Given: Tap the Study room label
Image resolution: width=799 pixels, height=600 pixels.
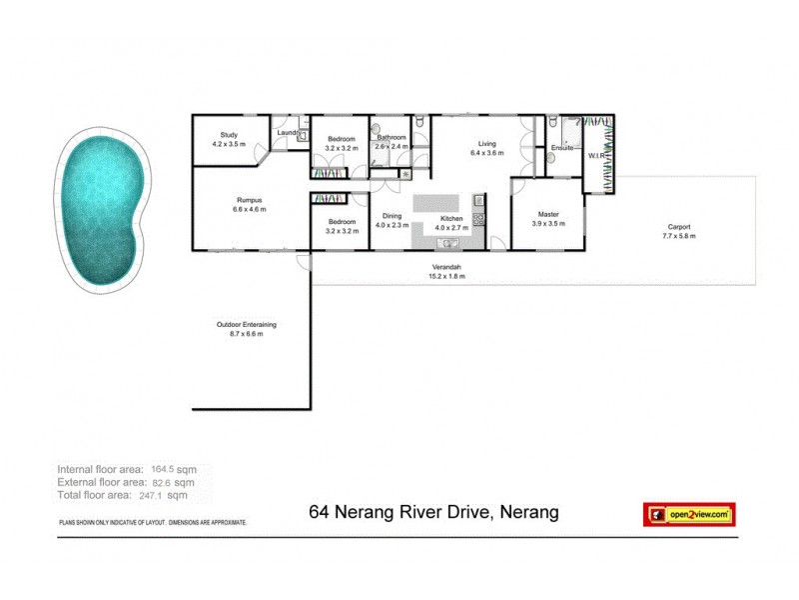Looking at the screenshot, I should [229, 136].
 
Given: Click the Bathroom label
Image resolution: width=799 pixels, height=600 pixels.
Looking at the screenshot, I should [392, 137].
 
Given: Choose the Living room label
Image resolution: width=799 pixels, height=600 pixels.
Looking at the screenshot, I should [487, 144].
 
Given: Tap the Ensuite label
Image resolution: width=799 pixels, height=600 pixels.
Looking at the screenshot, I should [562, 148].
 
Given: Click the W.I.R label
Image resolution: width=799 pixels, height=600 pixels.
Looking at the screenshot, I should [596, 156].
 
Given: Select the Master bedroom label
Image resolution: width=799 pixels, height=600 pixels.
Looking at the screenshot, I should [548, 213].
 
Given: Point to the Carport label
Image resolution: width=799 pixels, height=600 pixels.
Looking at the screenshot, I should [677, 226].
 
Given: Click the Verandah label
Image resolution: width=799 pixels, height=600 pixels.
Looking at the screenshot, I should [446, 267].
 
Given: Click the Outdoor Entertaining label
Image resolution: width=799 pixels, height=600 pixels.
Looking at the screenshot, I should [247, 324].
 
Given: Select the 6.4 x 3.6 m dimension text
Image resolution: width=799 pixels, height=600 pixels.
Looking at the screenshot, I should [487, 154].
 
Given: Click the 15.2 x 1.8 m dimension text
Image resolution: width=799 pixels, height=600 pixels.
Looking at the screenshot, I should [447, 276].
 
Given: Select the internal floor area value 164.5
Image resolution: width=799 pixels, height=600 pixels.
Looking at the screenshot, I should [163, 468].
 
